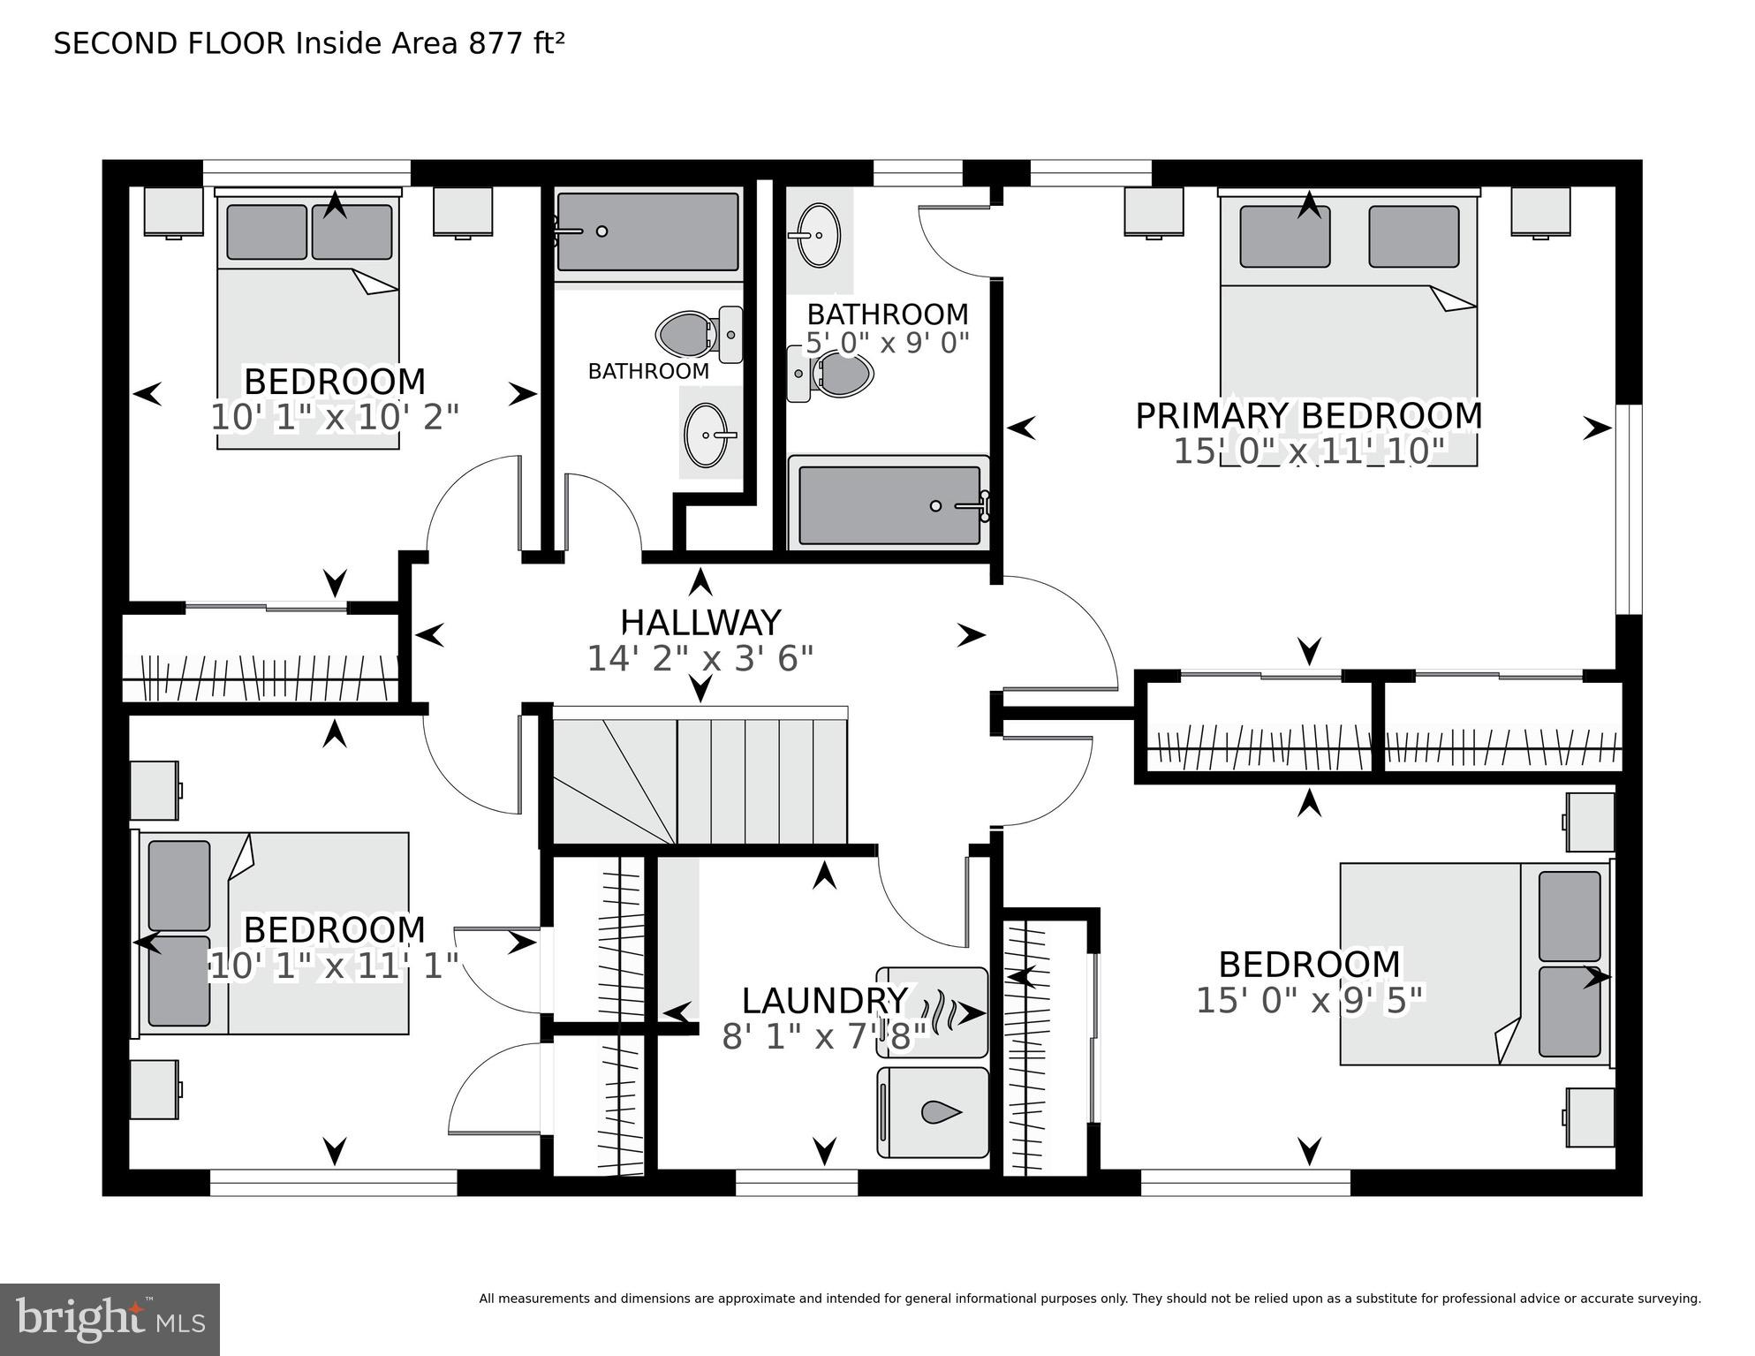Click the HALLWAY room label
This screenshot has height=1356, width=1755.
coord(700,623)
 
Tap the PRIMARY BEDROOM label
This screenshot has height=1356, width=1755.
coord(1308,416)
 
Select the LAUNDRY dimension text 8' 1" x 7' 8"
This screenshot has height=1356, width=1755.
coord(823,1037)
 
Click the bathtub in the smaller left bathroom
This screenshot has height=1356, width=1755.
coord(647,231)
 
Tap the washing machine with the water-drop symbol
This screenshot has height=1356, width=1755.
coord(933,1112)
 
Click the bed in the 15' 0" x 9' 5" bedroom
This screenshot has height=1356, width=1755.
coord(1475,964)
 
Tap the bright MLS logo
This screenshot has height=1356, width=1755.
coord(110,1320)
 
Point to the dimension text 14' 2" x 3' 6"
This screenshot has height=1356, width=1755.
coord(700,658)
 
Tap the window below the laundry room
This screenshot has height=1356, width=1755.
coord(796,1183)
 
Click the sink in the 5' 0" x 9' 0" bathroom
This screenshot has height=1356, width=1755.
coord(819,235)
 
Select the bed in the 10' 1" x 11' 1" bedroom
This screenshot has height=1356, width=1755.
coord(274,933)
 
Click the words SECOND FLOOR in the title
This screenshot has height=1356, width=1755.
coord(170,43)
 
